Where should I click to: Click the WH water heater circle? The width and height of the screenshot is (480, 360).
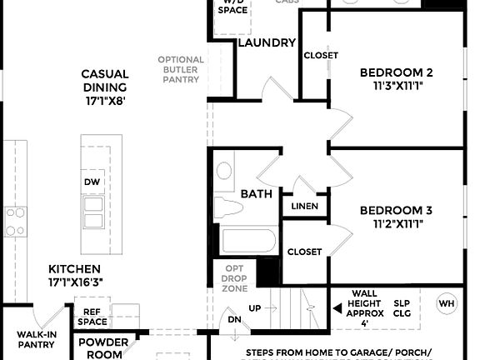(447, 303)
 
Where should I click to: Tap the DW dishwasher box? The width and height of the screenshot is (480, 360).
(93, 182)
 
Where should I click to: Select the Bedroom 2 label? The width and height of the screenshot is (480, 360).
(396, 72)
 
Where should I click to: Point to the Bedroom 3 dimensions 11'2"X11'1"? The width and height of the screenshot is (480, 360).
(396, 224)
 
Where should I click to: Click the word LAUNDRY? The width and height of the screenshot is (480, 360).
(267, 42)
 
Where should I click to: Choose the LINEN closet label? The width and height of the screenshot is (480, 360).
(305, 206)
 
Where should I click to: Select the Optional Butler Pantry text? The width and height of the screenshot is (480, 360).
(180, 69)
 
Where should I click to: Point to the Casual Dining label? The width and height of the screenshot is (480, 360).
(104, 81)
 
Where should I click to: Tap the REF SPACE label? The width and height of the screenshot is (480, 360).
(92, 316)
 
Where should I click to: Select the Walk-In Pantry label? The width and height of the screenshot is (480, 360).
(36, 338)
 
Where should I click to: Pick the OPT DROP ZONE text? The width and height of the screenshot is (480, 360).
(234, 277)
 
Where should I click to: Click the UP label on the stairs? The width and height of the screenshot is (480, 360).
(255, 308)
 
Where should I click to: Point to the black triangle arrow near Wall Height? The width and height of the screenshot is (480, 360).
(337, 308)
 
